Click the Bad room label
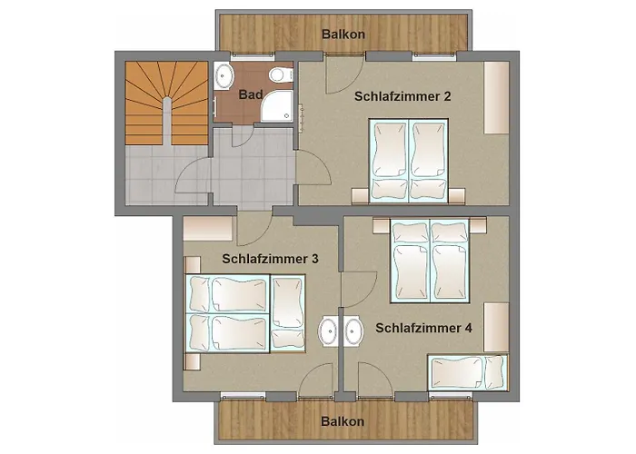point(251,94)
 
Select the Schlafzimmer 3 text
point(270,259)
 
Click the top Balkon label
point(344,35)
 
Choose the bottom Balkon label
point(343,421)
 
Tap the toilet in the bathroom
point(277,74)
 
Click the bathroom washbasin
point(224,74)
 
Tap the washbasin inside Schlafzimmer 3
point(328,331)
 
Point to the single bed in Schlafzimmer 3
point(289,314)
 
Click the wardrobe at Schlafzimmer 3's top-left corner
point(209,223)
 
